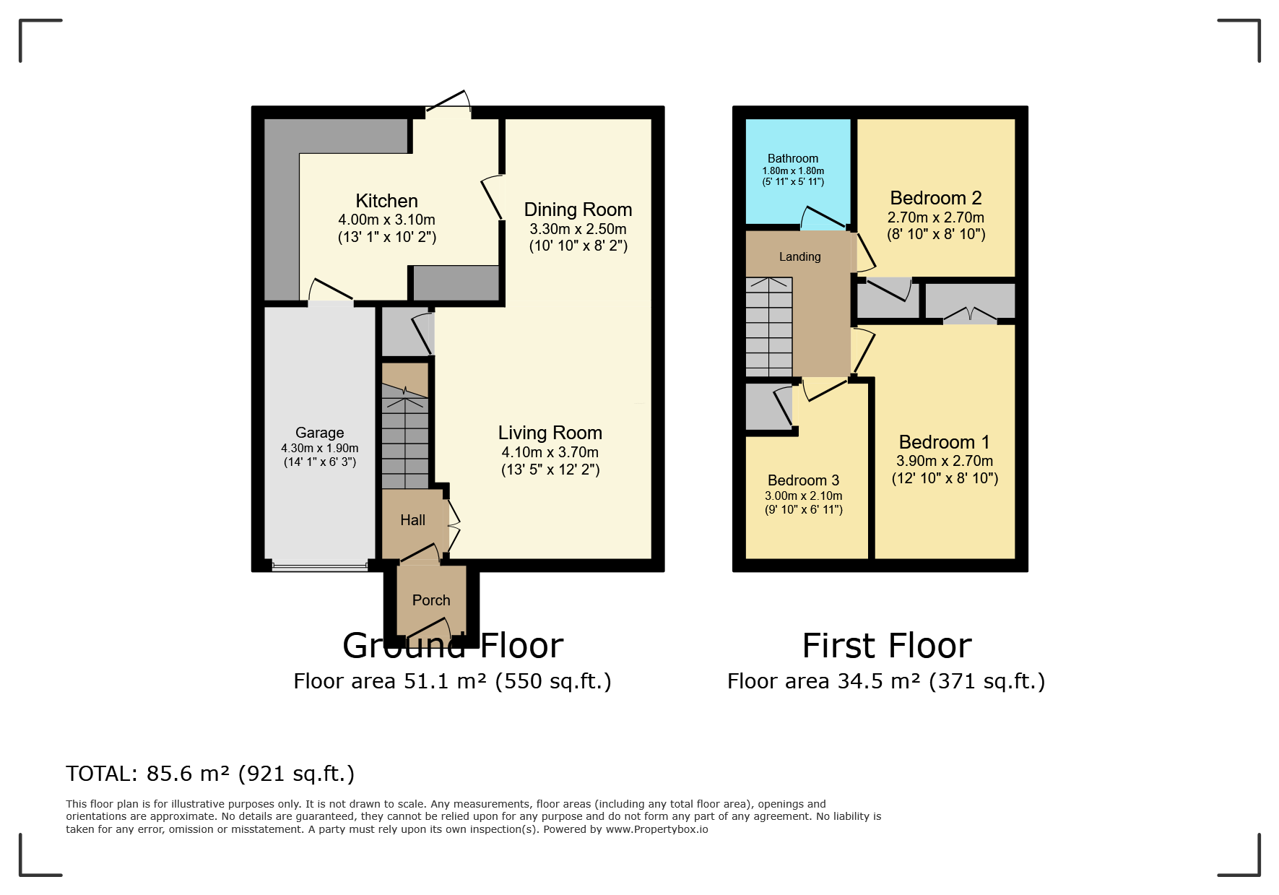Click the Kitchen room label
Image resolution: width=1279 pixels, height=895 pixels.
386,201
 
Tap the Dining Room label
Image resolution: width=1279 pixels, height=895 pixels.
578,209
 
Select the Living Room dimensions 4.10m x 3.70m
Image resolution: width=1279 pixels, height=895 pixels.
550,452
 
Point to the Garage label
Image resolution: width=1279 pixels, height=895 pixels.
319,433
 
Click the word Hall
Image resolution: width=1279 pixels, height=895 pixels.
412,520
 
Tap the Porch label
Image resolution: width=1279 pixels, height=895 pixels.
431,600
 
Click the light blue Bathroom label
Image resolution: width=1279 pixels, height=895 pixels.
793,158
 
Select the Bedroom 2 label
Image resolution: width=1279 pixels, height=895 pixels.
936,198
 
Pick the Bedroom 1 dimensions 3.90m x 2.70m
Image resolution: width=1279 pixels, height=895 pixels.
945,461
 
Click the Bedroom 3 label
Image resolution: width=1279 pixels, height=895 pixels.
803,480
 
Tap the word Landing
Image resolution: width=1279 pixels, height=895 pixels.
799,256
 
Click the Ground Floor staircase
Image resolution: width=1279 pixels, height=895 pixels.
405,437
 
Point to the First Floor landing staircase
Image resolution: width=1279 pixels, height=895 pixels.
769,327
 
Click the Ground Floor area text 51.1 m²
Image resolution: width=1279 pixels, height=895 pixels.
453,681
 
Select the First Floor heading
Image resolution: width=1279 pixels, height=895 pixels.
887,646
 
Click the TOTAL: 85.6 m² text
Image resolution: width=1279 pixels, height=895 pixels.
210,774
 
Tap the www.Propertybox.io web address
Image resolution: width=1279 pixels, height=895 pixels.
656,829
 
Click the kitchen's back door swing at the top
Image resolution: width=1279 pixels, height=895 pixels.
448,103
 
